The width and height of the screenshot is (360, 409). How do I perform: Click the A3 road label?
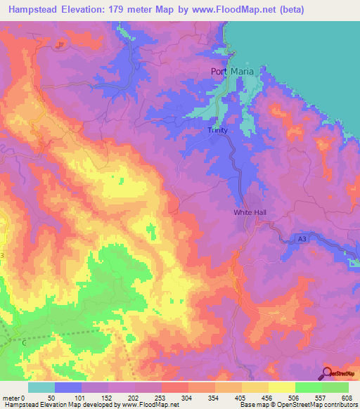[302, 240]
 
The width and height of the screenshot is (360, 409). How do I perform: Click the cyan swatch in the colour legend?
[41, 387]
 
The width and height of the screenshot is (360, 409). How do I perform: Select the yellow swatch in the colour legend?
[282, 387]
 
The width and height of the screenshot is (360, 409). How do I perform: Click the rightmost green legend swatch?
[335, 387]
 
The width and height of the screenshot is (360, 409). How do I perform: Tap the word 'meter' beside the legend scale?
[12, 398]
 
